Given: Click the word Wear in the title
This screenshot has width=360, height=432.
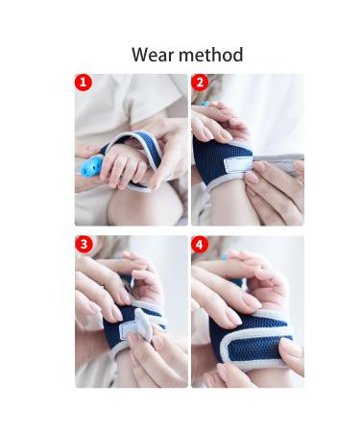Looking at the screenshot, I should [x=152, y=54].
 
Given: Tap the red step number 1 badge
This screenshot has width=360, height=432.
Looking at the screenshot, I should [x=84, y=84].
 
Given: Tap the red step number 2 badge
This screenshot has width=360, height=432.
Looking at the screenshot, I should [x=200, y=84].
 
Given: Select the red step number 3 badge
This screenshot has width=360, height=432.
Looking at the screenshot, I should [x=84, y=246].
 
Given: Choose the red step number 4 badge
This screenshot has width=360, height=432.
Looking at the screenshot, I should [x=200, y=246].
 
